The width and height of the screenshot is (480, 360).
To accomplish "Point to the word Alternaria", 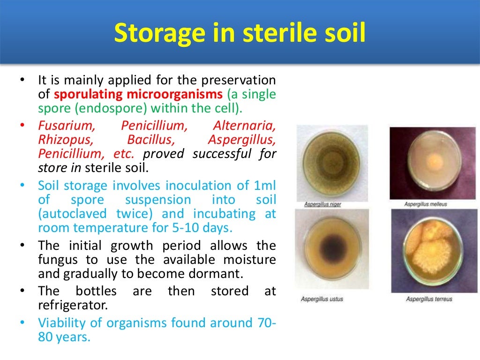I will (x=244, y=126).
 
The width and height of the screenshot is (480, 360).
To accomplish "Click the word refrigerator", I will (x=73, y=305).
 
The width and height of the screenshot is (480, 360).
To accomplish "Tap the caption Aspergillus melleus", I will (x=426, y=204).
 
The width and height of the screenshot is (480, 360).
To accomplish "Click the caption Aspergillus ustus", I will (x=322, y=299).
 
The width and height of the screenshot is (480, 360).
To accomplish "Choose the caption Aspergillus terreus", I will (x=429, y=299).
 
